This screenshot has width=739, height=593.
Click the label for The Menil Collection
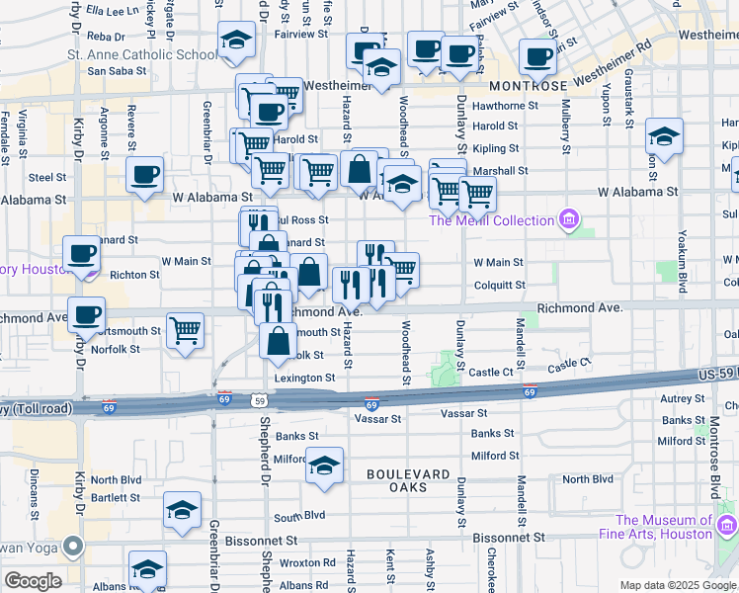click(x=490, y=220)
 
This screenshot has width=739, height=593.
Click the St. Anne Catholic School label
click(x=142, y=54)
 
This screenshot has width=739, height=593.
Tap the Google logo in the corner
click(x=32, y=581)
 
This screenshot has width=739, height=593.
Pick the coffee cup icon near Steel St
click(x=144, y=176)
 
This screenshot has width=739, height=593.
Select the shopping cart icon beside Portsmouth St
click(x=185, y=330)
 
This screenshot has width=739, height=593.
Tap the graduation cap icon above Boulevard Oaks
click(x=324, y=465)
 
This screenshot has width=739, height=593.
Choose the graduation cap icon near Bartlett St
click(x=182, y=510)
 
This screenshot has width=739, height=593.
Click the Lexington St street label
click(x=304, y=378)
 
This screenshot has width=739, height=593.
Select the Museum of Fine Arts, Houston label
click(x=664, y=527)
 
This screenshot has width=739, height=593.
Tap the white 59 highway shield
click(x=259, y=400)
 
